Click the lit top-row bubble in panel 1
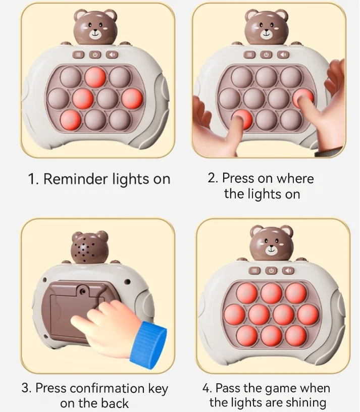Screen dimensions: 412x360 [x=95, y=77]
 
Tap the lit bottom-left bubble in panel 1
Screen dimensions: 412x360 [x=71, y=120]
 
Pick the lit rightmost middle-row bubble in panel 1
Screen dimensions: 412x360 [x=131, y=97]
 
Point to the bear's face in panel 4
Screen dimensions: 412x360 [x=272, y=245]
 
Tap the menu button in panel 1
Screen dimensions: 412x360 [x=79, y=56]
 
